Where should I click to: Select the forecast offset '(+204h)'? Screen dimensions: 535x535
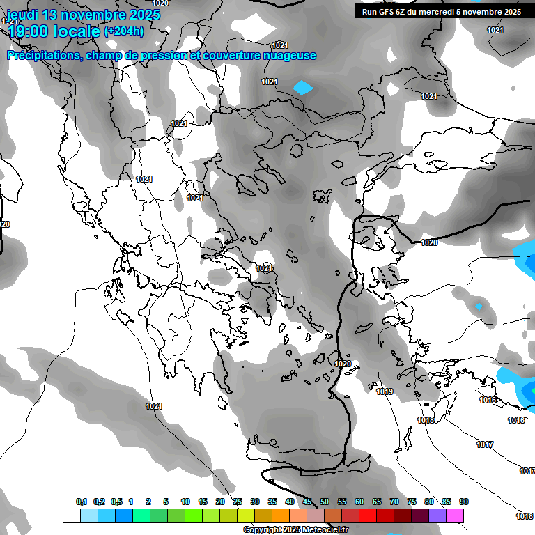(x=124, y=31)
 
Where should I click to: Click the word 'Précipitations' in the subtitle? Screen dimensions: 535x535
(x=42, y=56)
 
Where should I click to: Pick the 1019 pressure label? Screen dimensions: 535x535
(x=385, y=392)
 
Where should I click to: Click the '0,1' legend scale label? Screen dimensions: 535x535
(x=82, y=502)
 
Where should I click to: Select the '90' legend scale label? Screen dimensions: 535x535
(x=464, y=502)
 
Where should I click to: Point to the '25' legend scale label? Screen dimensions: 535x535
(x=238, y=502)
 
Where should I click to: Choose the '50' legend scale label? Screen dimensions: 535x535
(x=325, y=502)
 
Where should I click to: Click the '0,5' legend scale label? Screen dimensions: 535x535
(x=116, y=502)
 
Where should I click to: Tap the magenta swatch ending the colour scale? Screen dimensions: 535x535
(x=455, y=515)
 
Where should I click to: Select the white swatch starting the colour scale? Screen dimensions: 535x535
(x=71, y=515)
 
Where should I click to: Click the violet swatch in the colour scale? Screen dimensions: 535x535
(x=437, y=515)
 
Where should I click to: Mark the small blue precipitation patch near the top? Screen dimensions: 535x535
(x=303, y=88)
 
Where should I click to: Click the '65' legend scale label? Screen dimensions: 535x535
(x=377, y=502)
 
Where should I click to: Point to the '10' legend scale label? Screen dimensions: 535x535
(x=185, y=502)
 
